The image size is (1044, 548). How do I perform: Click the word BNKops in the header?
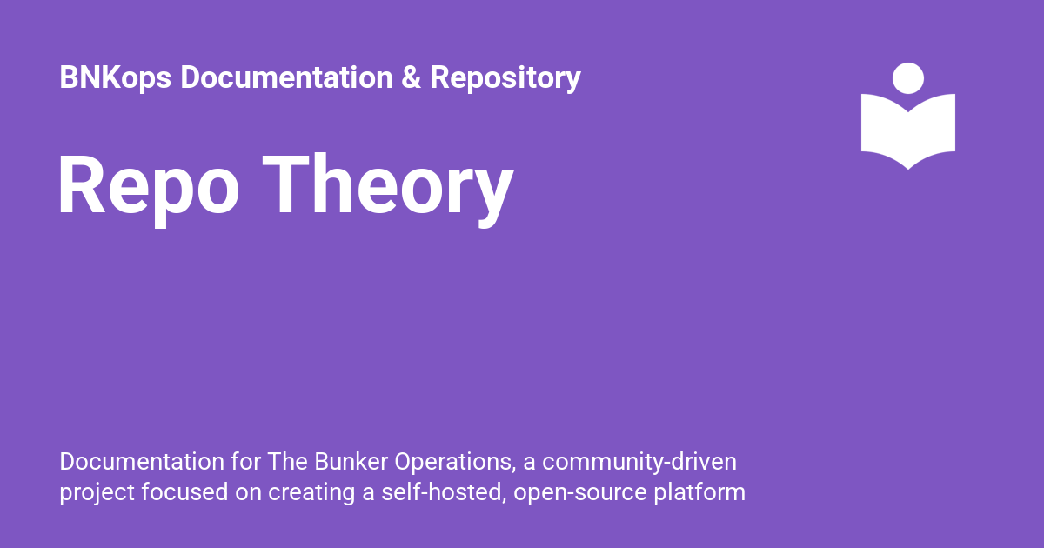[116, 77]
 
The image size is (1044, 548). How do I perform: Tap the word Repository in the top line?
[505, 77]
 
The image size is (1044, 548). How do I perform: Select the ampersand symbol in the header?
[411, 77]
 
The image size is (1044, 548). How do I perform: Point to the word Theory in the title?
[388, 190]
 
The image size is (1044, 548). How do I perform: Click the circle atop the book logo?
[908, 78]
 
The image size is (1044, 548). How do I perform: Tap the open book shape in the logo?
[908, 131]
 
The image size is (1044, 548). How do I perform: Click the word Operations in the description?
[455, 463]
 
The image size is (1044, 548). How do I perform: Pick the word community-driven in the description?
[639, 463]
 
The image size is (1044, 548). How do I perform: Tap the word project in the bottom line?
[97, 493]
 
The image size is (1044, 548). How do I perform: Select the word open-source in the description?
[580, 493]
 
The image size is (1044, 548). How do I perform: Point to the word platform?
[699, 493]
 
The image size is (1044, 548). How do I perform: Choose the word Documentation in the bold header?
[286, 77]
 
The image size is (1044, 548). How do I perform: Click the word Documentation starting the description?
[142, 462]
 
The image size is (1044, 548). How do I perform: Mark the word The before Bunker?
[288, 462]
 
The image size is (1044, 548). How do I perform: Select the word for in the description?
[245, 462]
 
